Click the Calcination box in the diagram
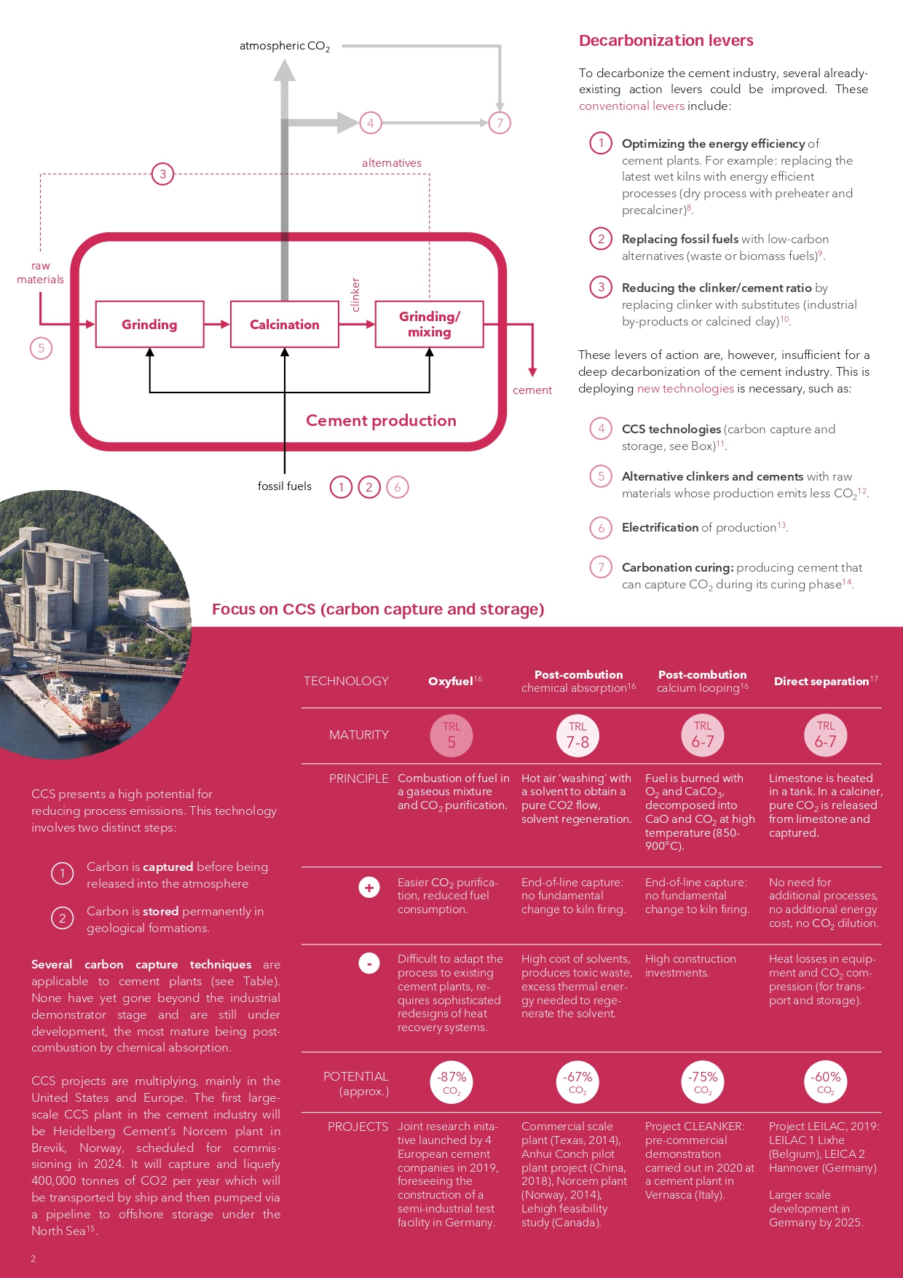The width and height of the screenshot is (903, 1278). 284,324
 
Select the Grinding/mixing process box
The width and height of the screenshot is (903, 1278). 429,324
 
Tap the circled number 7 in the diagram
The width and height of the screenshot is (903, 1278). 500,122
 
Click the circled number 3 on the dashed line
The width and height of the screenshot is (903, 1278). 162,174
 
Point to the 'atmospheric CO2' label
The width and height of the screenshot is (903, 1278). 285,46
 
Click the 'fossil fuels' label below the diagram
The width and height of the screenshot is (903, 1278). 284,486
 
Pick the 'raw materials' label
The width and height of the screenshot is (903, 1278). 41,272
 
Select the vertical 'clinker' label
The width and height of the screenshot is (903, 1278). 355,294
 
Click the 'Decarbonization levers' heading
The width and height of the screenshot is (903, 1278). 666,41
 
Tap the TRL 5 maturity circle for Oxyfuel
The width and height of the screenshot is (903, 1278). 451,735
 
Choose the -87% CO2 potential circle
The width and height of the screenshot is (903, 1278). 451,1082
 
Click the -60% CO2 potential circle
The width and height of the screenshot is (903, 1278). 826,1082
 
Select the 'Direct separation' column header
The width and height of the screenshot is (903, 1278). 825,681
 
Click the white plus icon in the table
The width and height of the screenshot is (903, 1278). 369,887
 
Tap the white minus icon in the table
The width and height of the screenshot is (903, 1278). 369,963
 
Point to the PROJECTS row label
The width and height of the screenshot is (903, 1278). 358,1127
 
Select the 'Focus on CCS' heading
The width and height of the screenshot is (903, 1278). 378,610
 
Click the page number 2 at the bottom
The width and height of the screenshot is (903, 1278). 33,1258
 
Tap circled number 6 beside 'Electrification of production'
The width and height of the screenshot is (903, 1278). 601,527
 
